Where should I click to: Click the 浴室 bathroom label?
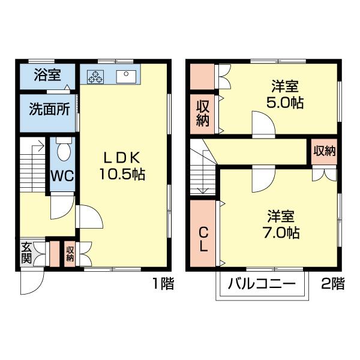point(47,76)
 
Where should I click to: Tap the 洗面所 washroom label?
point(49,110)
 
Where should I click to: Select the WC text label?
point(61,176)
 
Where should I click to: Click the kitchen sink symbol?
point(127,76)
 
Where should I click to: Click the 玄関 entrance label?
point(26,253)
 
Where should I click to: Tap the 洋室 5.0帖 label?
point(284,94)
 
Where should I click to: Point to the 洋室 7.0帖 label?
point(284,223)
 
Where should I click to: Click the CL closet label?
point(203,238)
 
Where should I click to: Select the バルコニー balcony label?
point(263,284)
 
